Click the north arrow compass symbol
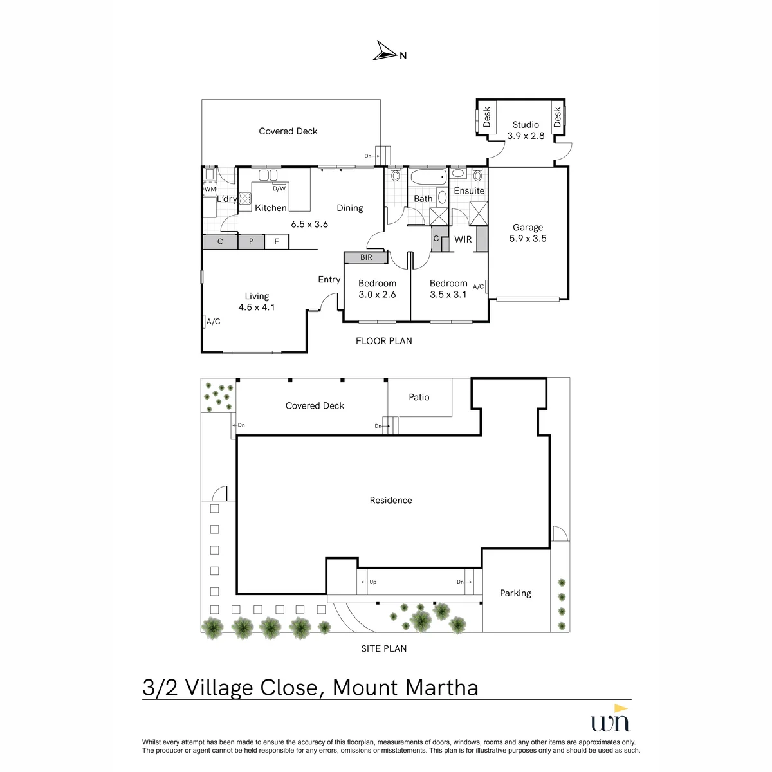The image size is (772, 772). click(x=385, y=51)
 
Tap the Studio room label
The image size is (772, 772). click(x=526, y=125)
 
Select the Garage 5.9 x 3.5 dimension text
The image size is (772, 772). click(x=528, y=239)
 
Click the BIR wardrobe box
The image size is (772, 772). click(x=366, y=257)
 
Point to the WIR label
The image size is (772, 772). click(x=463, y=239)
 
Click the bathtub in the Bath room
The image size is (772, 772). click(x=428, y=177)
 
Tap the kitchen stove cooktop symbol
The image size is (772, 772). click(x=244, y=199)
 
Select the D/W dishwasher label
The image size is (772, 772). click(x=279, y=188)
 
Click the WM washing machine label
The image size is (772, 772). click(x=210, y=189)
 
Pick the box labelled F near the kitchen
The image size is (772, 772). click(x=277, y=242)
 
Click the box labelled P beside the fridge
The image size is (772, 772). click(x=251, y=242)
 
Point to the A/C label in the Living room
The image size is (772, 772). click(x=214, y=321)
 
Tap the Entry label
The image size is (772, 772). click(x=329, y=280)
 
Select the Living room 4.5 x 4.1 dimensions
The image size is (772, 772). click(x=257, y=308)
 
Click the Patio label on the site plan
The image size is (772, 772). click(x=419, y=397)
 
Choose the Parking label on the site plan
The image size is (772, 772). click(x=515, y=593)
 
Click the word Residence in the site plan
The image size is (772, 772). click(x=391, y=500)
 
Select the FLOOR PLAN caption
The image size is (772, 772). click(x=384, y=341)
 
